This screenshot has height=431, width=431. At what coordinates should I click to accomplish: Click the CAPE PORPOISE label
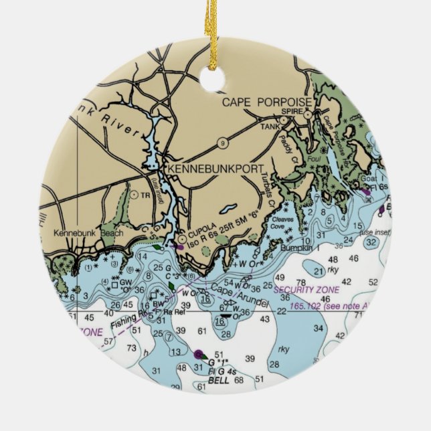point(266,102)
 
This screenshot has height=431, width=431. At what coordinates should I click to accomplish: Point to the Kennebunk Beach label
point(85,233)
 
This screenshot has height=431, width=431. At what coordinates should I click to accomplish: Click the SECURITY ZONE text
point(306,290)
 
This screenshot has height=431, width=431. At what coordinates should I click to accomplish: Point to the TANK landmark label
point(270,126)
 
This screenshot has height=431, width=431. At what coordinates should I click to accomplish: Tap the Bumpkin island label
point(298,248)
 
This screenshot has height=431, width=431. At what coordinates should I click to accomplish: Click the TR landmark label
point(145,195)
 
